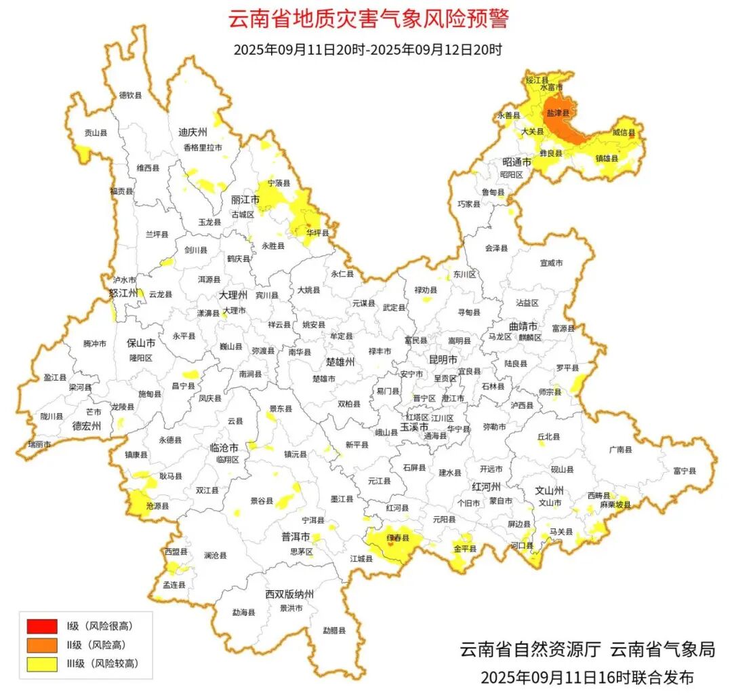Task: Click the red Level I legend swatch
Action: (42, 625)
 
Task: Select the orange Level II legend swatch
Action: (42, 644)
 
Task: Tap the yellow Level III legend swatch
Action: (42, 663)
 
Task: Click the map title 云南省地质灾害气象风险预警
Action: (368, 19)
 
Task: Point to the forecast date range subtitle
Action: (368, 50)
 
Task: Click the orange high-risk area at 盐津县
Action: (563, 125)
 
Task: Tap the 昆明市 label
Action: (443, 358)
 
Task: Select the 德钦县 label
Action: (131, 96)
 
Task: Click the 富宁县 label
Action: (685, 470)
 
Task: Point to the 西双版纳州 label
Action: (289, 594)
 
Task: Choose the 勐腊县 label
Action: (334, 630)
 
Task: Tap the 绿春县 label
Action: (399, 538)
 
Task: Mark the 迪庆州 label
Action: (192, 132)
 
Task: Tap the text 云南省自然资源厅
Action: (531, 649)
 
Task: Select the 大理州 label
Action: (234, 296)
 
